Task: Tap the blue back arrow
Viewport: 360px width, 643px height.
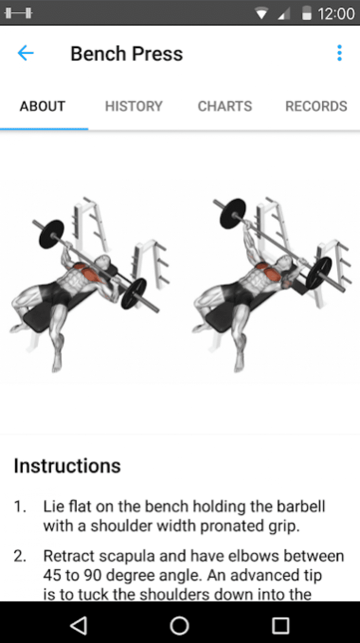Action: tap(26, 53)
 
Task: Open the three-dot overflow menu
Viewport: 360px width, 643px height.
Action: tap(339, 53)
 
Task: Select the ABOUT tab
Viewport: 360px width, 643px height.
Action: tap(42, 106)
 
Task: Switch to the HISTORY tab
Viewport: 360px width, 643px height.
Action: tap(134, 106)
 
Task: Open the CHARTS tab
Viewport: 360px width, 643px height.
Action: tap(225, 106)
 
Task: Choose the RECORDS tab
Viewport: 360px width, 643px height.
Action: tap(316, 106)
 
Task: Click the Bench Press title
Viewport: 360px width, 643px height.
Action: tap(127, 54)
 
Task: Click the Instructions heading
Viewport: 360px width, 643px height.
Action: tap(67, 466)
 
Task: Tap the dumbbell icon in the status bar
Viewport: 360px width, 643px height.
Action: tap(18, 13)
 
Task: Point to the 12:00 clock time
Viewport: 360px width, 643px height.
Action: tap(336, 14)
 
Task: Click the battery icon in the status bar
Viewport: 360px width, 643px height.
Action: tap(307, 13)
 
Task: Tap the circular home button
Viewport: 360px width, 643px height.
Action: tap(180, 625)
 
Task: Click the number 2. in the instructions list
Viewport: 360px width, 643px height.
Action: tap(20, 556)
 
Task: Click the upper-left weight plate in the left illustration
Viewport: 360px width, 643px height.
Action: tap(52, 234)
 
